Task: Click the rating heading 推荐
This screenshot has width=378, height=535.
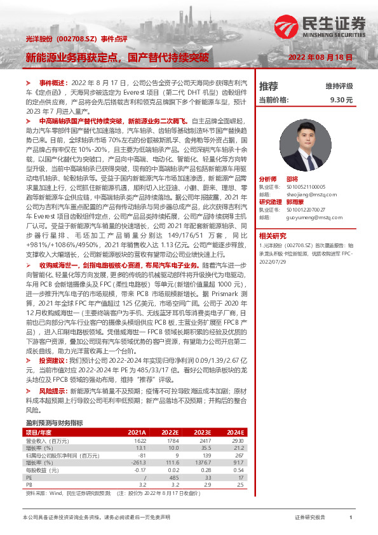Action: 269,86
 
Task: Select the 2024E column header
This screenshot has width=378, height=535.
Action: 235,432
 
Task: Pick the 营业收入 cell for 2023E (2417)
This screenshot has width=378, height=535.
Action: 203,440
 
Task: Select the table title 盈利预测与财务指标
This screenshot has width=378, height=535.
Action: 54,423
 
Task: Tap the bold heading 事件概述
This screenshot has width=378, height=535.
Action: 53,83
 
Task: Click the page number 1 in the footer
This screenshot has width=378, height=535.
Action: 351,518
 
